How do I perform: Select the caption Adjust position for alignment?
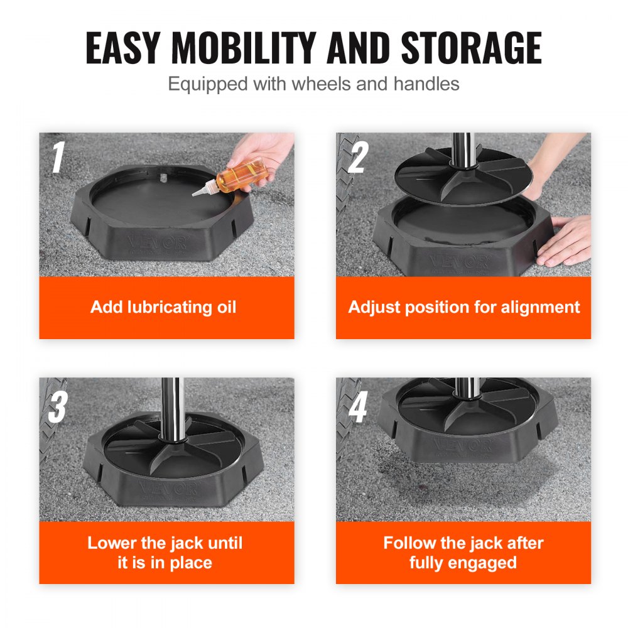click(x=464, y=307)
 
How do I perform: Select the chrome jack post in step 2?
click(x=463, y=148)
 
